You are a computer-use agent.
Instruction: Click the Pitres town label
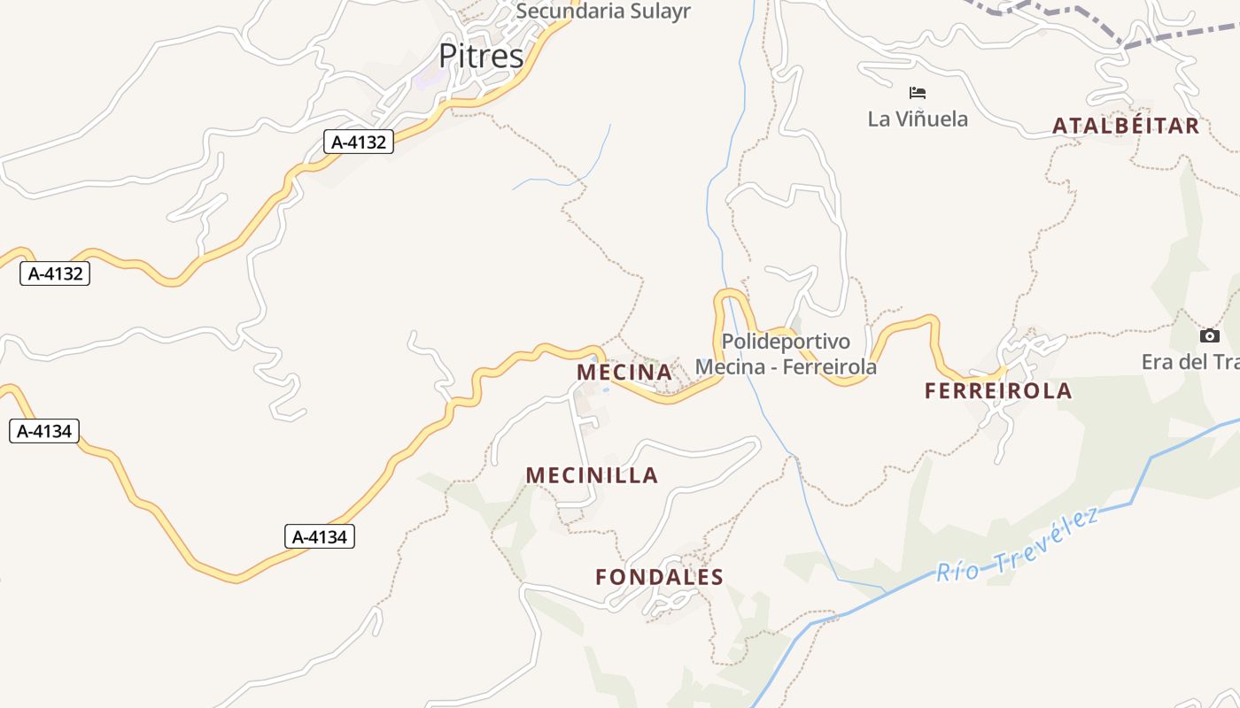481,57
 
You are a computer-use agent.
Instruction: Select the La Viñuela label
918,119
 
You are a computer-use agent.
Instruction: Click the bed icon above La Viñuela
918,92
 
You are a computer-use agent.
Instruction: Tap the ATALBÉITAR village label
1125,126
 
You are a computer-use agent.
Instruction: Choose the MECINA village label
624,373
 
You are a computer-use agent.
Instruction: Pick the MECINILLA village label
592,475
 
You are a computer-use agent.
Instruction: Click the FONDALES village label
659,577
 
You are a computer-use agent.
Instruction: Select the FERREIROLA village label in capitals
998,390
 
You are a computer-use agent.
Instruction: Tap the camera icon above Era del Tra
1209,336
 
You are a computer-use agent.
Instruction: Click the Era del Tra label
1190,362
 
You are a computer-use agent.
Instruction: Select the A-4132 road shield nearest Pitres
358,142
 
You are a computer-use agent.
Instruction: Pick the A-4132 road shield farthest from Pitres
55,273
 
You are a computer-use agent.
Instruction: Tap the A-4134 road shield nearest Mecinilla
320,536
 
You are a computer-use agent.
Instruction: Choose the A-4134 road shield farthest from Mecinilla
44,432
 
